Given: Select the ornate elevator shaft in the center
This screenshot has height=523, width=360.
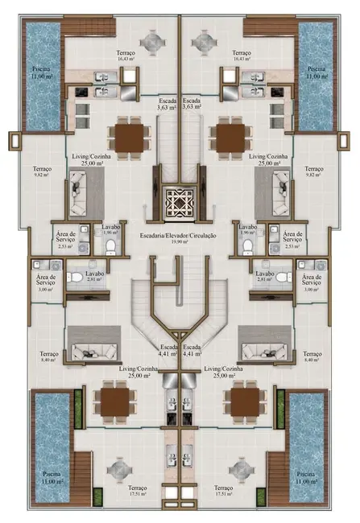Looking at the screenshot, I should click(x=179, y=204).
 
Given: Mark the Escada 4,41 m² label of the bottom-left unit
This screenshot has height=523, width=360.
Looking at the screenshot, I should click(x=167, y=351).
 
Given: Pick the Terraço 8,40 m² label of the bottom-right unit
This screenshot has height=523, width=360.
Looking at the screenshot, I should click(x=312, y=357).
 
